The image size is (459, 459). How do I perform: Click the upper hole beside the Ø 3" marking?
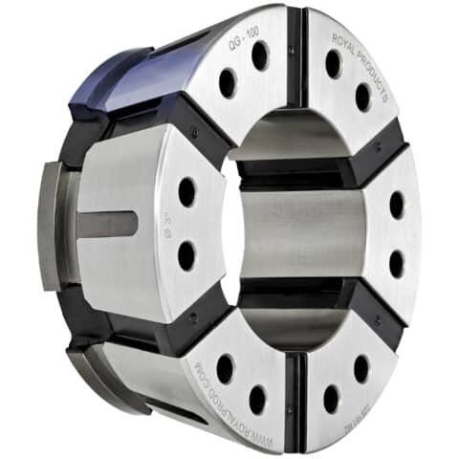[186, 192]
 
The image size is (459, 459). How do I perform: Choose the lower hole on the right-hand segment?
[395, 263]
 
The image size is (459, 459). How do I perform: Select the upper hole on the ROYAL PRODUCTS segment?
[333, 64]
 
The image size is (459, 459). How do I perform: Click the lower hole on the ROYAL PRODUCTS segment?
[362, 97]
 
